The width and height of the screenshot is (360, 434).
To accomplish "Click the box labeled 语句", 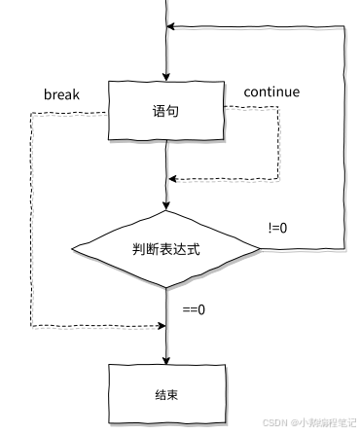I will [x=166, y=112].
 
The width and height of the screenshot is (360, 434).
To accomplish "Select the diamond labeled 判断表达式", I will [x=166, y=249].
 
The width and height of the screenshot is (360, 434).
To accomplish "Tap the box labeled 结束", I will [x=166, y=396].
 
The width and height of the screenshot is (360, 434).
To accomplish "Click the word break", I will [x=61, y=94].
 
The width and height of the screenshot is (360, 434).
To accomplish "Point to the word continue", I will [x=271, y=92].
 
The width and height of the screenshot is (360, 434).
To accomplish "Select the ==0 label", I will [x=195, y=311].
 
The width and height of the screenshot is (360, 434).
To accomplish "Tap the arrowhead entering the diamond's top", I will [x=166, y=205].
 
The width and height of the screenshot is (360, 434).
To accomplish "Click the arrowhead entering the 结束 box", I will [x=166, y=358].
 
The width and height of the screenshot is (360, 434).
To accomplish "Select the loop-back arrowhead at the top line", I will [x=173, y=28].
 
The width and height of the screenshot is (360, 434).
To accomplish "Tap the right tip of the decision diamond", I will [x=260, y=250].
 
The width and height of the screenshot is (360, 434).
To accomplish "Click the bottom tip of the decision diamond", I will [x=166, y=288].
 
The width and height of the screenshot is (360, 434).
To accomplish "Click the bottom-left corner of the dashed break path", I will [x=32, y=325].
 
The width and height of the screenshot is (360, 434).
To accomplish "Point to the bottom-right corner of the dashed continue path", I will [x=278, y=179].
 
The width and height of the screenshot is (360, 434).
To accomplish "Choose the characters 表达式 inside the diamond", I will [x=182, y=249].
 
